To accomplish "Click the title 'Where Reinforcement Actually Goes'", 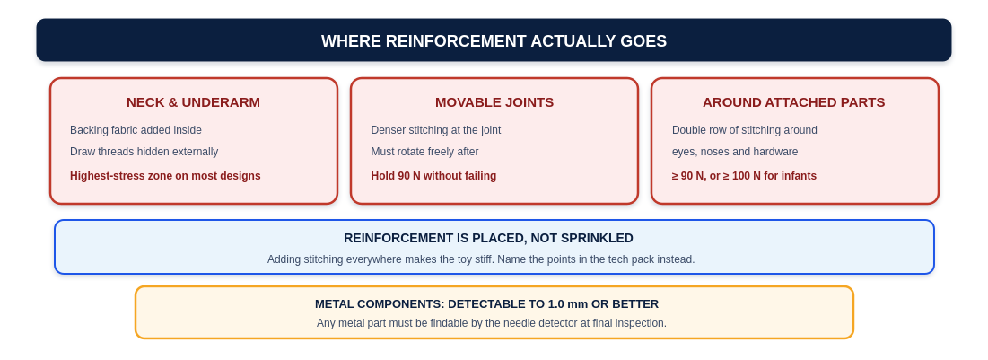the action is [x=494, y=41].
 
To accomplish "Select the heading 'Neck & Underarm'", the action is [x=194, y=102].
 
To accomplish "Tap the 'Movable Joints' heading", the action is [x=494, y=102].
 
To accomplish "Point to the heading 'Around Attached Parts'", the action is [x=794, y=102].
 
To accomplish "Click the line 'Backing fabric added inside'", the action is [x=136, y=130].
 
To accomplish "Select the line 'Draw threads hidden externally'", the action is [x=144, y=152].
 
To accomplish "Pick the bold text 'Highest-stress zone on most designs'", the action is [x=165, y=176].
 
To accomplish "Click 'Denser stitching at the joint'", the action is [x=436, y=130].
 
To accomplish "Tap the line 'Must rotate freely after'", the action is [x=424, y=152].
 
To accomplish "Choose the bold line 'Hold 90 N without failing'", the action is [x=433, y=176].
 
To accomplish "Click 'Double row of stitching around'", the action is [x=745, y=130].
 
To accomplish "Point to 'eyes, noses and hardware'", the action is [x=735, y=152].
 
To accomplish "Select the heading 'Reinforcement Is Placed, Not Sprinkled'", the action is [x=488, y=238].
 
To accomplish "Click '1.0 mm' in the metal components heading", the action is [x=565, y=303].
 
